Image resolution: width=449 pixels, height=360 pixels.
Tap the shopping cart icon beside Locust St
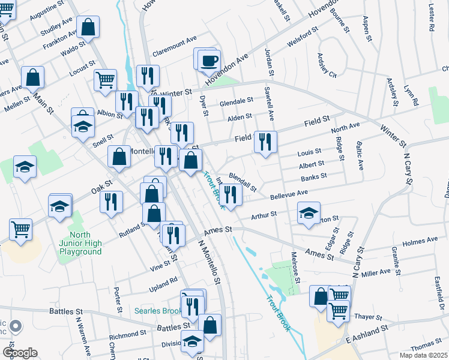(x=105, y=79)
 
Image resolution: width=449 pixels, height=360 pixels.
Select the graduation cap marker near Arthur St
(x=309, y=213)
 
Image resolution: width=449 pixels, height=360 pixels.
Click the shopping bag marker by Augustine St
(x=88, y=27)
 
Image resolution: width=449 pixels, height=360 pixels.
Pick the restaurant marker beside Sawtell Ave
(x=265, y=142)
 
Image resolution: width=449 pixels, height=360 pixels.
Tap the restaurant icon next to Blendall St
(x=230, y=194)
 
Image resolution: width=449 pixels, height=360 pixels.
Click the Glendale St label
(x=236, y=102)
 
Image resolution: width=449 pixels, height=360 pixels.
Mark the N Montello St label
(x=210, y=262)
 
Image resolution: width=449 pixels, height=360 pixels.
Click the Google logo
(x=20, y=353)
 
